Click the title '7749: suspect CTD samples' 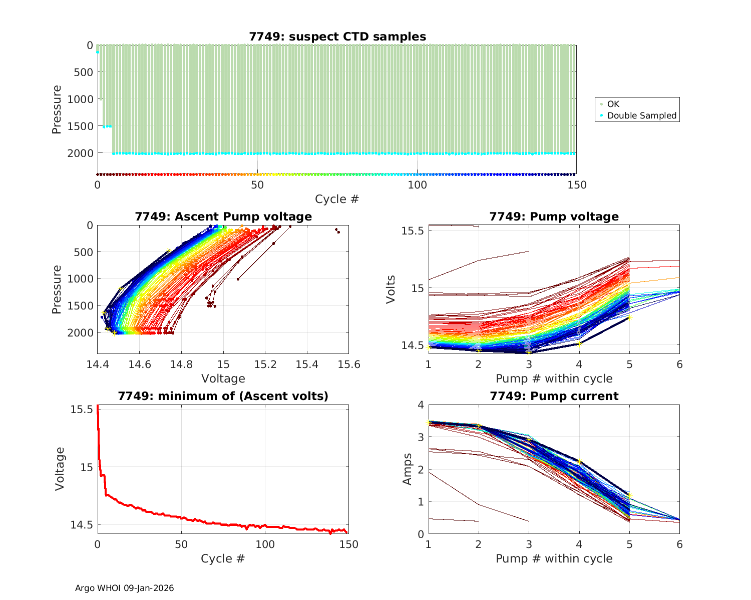(337, 36)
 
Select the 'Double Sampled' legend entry (641, 115)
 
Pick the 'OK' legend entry (613, 104)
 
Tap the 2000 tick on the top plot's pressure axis (80, 153)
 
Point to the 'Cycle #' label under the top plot (337, 199)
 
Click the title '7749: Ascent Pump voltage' (223, 216)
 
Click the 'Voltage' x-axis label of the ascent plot (223, 378)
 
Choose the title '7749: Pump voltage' (554, 216)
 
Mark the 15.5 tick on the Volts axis (413, 231)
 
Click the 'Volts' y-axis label (391, 289)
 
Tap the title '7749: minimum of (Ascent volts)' (223, 396)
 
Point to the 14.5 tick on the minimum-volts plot (82, 525)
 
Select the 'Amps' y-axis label (408, 468)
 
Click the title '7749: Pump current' (554, 396)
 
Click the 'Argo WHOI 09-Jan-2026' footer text (124, 588)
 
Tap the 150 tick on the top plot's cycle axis (577, 184)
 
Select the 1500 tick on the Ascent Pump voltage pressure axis (80, 305)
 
